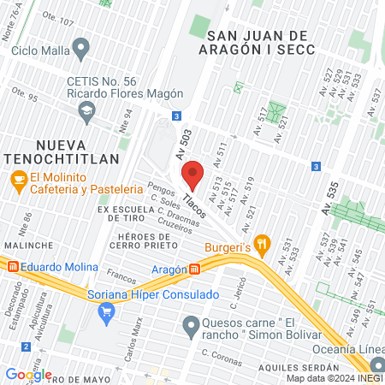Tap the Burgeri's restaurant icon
coord(264,243)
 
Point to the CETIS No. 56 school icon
coord(86,110)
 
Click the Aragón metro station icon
coord(196,269)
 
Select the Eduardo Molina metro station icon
coord(12,267)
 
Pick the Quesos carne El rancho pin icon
coord(191,324)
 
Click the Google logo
coord(29,375)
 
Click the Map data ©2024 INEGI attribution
coord(334,378)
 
